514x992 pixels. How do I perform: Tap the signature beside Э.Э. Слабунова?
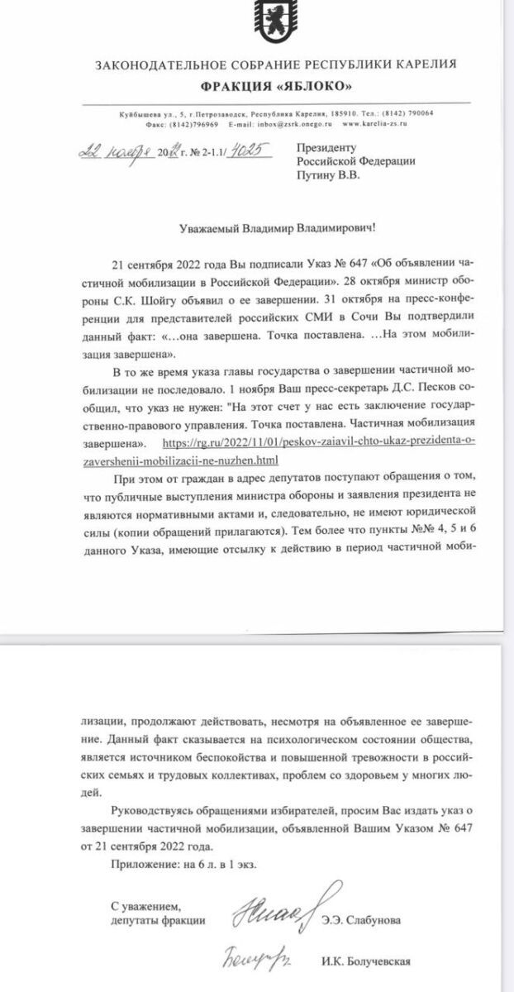click(x=273, y=910)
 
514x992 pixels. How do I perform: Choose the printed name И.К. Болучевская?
click(x=366, y=962)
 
